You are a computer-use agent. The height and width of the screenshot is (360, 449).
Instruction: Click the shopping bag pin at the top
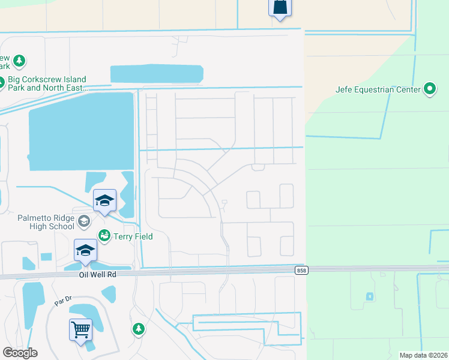(280, 8)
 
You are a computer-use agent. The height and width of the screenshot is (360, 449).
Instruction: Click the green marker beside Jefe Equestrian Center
(430, 89)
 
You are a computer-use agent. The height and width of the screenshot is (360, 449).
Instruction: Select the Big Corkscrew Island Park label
(47, 83)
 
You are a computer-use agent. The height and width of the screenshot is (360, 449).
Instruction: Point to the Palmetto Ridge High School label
(37, 222)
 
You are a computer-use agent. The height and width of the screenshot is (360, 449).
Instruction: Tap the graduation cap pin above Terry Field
(104, 201)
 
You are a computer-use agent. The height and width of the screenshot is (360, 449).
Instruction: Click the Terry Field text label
(133, 236)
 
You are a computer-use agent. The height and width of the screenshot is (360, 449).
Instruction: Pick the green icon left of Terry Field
(104, 235)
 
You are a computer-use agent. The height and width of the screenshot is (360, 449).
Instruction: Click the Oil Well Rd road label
(96, 274)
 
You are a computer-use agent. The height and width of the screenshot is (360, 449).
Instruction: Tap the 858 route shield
(302, 271)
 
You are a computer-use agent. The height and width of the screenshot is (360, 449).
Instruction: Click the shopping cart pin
(80, 329)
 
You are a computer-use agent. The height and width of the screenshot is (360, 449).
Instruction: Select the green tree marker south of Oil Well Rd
(139, 329)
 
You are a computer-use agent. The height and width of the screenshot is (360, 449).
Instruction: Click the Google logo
(20, 353)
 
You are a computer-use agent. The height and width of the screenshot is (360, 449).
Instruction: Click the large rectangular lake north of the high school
(80, 130)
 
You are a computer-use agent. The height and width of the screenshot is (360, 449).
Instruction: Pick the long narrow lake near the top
(157, 74)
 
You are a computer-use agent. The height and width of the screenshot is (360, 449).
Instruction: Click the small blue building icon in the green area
(369, 296)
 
